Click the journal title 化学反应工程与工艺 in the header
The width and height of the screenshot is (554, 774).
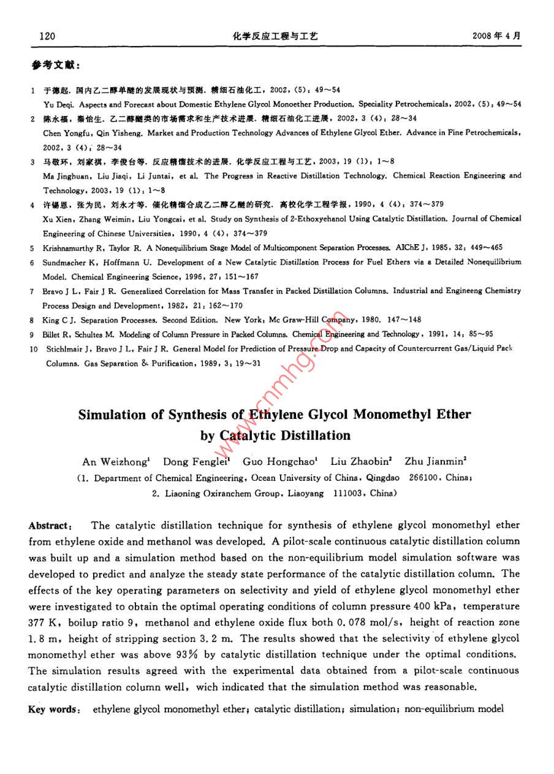tap(276, 36)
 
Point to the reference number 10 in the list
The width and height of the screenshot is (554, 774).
tap(34, 349)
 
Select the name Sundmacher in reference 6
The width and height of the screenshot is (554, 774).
tap(64, 262)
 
